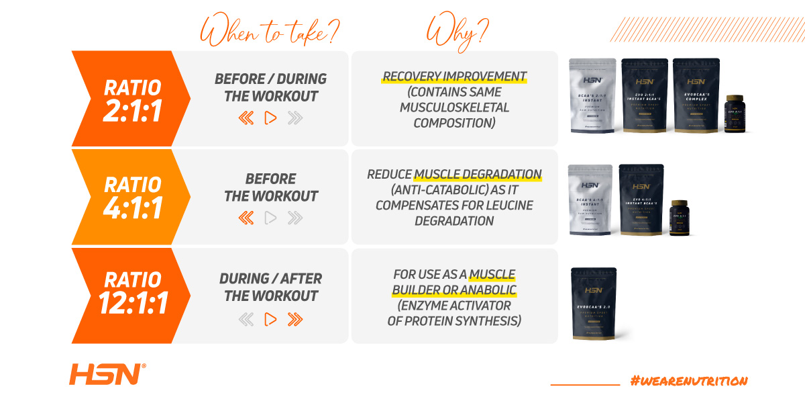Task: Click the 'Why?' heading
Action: coord(458,31)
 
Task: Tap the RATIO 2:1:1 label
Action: coord(132,100)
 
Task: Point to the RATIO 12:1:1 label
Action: coord(132,294)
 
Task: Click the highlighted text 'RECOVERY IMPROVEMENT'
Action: coord(454,77)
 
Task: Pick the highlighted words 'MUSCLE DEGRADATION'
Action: coord(477,175)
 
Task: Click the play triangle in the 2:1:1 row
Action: coord(270,118)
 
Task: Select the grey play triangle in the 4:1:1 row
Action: coord(270,218)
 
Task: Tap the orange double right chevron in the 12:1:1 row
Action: coord(294,319)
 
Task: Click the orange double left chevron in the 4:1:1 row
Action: coord(246,218)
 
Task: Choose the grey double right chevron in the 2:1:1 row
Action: coord(294,118)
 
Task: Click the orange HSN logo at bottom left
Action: coord(106,374)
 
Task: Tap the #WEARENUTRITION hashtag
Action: coord(688,380)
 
